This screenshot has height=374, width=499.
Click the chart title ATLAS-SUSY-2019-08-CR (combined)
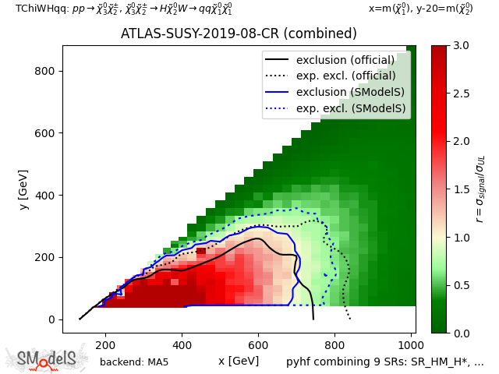(x=239, y=34)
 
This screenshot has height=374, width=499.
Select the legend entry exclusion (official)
(x=339, y=60)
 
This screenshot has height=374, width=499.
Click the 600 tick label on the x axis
(x=258, y=344)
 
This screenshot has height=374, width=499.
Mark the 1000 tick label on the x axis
(x=411, y=344)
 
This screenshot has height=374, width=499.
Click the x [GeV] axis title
(x=239, y=361)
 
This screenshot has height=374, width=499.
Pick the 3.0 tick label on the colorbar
(x=461, y=46)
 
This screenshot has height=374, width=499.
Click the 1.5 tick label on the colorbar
(x=461, y=189)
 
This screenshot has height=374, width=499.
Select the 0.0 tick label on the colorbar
(x=461, y=333)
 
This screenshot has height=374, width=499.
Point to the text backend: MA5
(x=134, y=362)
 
